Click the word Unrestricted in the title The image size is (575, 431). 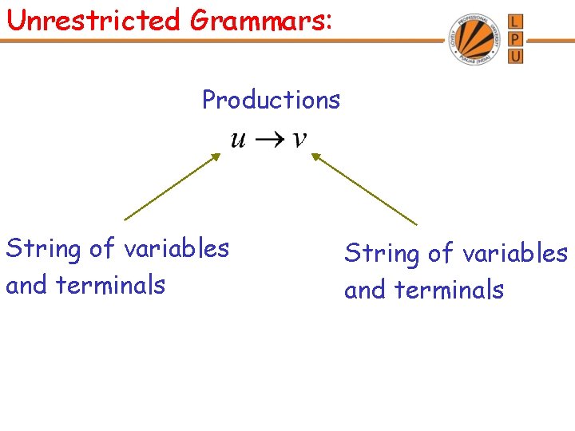pos(93,19)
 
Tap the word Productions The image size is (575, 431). pos(271,100)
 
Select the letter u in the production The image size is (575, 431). pos(238,140)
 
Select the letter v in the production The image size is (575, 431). pos(299,139)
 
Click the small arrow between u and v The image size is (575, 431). pos(269,140)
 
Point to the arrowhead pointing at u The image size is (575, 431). pos(214,158)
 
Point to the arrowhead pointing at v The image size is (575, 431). pos(315,157)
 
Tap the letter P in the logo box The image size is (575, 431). pos(515,39)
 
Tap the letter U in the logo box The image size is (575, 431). pos(515,57)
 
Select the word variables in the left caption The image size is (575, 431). pos(176,248)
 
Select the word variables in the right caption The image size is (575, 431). pos(515,253)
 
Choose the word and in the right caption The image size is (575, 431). pos(363,289)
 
